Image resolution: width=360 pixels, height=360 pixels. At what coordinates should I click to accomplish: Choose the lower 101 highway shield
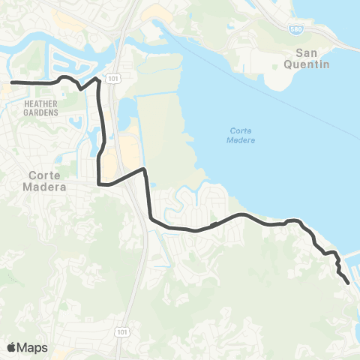(x=121, y=331)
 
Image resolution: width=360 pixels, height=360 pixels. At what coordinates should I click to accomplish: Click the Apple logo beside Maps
(x=11, y=347)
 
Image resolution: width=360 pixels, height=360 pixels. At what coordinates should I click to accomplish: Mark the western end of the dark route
(x=11, y=82)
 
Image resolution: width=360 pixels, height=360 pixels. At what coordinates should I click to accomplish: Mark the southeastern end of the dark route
(x=349, y=283)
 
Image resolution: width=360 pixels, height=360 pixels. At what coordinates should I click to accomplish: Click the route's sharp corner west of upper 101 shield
(x=98, y=77)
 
